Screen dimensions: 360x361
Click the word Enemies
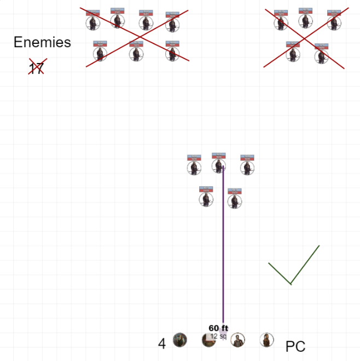(42, 42)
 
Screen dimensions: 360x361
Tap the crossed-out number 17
(36, 68)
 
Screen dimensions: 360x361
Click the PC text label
(295, 346)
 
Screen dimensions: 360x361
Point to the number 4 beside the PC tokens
(162, 344)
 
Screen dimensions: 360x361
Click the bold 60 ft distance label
(218, 328)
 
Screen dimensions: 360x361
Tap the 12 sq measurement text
(218, 336)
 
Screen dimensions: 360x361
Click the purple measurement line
(223, 247)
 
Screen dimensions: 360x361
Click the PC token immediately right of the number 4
(180, 340)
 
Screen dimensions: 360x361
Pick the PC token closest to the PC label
(266, 340)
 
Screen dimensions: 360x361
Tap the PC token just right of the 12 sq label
(237, 340)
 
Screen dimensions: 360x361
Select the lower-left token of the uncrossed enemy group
(206, 198)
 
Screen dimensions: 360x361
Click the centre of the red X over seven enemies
(137, 37)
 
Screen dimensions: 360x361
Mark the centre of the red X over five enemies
(306, 37)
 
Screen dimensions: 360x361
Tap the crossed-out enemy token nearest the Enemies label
(100, 53)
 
